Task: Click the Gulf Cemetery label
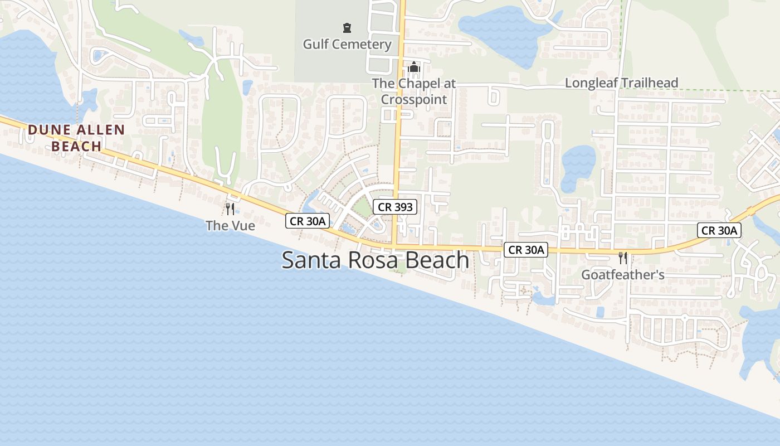pos(347,44)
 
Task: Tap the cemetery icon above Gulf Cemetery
pos(347,27)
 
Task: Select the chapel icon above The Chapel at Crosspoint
pos(414,67)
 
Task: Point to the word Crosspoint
pos(414,100)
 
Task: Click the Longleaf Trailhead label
pos(621,83)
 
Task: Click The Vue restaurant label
pos(230,226)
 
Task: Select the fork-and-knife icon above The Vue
pos(230,209)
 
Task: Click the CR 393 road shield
pos(395,207)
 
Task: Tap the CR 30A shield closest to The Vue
pos(308,221)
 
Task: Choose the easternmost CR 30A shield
pos(719,230)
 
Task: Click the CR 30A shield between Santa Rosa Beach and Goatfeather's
pos(526,250)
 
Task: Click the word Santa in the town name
pos(310,260)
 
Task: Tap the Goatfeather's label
pos(622,275)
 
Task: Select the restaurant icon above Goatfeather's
pos(623,258)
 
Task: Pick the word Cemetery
pos(365,44)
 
